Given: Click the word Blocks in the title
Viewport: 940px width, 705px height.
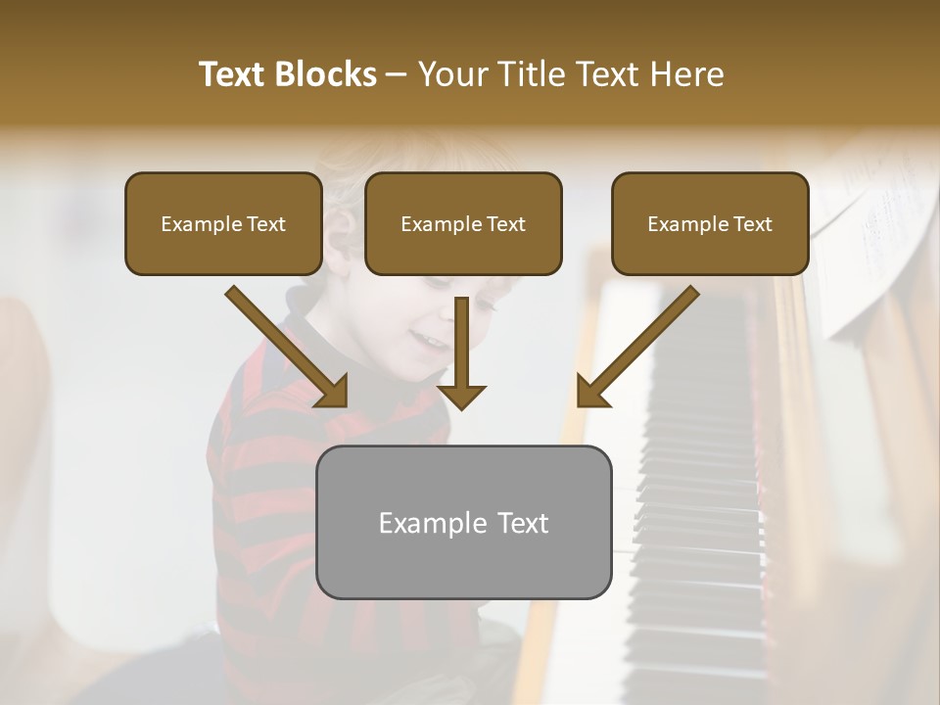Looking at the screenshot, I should point(328,74).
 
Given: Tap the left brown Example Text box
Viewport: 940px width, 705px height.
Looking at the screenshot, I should point(223,224).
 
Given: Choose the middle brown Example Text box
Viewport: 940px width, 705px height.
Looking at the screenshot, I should point(463,224).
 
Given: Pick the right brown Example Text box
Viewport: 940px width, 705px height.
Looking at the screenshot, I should point(710,224).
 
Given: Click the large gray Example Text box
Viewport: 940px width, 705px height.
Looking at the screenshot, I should point(463,522).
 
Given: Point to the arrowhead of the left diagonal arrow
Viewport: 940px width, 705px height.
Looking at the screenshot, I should point(333,392).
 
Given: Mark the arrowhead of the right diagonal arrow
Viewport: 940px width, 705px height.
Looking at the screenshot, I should point(591,392).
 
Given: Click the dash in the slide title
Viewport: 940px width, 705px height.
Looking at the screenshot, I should point(397,74).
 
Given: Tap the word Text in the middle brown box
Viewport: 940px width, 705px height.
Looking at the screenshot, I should point(505,224).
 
